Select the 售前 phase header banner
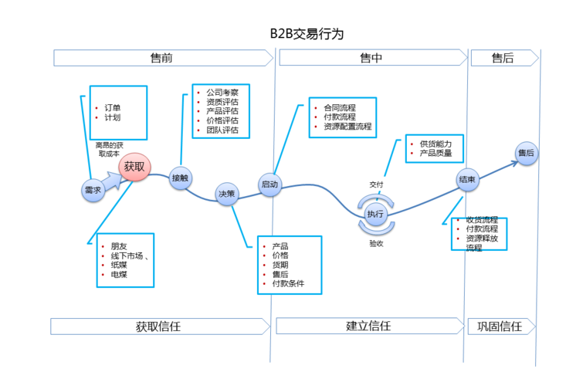(x=162, y=58)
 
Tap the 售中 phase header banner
(x=371, y=58)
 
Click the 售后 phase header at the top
(x=503, y=58)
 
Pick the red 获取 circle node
(x=134, y=167)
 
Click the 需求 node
(x=93, y=190)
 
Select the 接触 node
(x=181, y=178)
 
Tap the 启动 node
(x=269, y=185)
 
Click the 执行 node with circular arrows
(x=375, y=214)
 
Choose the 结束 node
(x=467, y=179)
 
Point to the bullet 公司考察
(x=222, y=92)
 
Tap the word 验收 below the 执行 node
(x=376, y=242)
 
